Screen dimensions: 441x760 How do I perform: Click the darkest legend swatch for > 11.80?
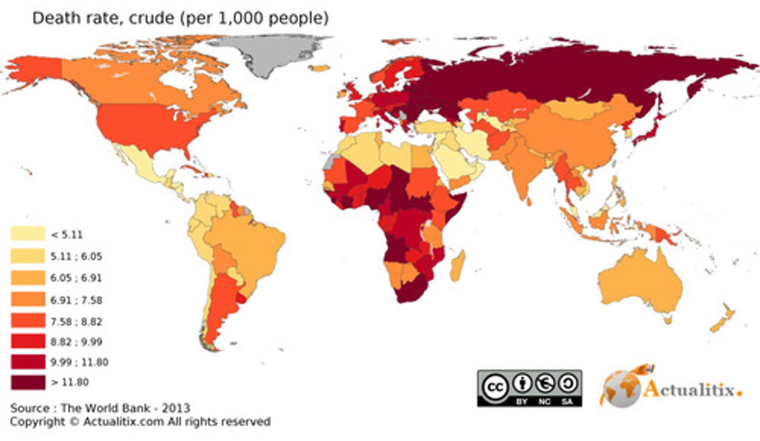tap(27, 382)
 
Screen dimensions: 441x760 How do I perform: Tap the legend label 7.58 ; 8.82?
tap(77, 321)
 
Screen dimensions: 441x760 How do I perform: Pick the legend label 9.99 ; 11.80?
tap(79, 362)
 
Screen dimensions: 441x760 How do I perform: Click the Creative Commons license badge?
tap(529, 388)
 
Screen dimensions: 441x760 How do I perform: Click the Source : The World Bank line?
tap(100, 408)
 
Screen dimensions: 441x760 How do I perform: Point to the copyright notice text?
tap(140, 422)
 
